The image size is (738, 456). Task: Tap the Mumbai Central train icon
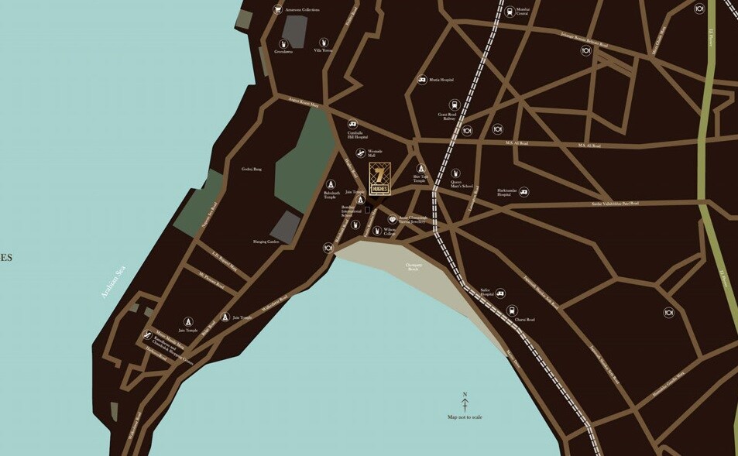point(509,12)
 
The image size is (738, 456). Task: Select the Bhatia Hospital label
point(441,80)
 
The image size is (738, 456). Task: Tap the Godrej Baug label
point(252,169)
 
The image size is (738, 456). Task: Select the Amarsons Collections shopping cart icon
point(278,10)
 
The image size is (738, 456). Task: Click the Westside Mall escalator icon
point(361,153)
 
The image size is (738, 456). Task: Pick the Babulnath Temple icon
point(331,184)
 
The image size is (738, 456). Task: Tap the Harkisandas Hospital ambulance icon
point(524,191)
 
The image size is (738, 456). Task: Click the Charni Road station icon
point(512,310)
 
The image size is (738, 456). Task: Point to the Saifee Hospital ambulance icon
point(500,293)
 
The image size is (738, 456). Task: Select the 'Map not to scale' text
point(465,417)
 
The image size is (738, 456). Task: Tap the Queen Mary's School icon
point(456,173)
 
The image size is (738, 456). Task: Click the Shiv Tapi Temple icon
point(421,168)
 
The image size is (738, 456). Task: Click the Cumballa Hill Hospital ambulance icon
point(353,123)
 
